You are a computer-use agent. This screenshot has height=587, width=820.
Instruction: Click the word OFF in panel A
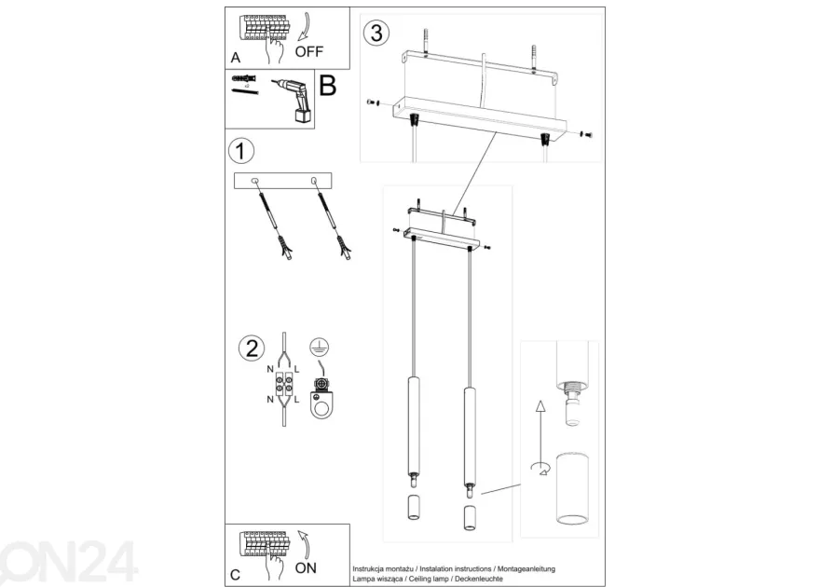pyautogui.click(x=309, y=52)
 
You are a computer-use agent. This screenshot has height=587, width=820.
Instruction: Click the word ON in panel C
pyautogui.click(x=306, y=567)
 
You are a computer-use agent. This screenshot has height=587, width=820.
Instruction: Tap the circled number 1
pyautogui.click(x=241, y=151)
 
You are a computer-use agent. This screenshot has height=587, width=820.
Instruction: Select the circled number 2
pyautogui.click(x=252, y=348)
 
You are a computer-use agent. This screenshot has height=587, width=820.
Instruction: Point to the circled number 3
pyautogui.click(x=376, y=33)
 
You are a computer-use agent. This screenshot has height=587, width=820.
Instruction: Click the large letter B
pyautogui.click(x=327, y=86)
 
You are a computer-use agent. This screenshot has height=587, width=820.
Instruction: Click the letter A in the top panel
pyautogui.click(x=236, y=58)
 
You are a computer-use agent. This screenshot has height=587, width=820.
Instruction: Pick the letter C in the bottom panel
pyautogui.click(x=236, y=575)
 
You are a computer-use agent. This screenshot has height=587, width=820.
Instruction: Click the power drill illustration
pyautogui.click(x=294, y=101)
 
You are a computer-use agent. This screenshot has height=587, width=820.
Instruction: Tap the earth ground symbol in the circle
pyautogui.click(x=319, y=347)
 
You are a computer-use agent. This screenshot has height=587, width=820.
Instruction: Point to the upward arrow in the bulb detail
pyautogui.click(x=540, y=425)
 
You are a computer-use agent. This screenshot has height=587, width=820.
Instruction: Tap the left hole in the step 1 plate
pyautogui.click(x=254, y=181)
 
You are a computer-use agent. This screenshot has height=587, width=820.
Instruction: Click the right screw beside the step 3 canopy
pyautogui.click(x=586, y=134)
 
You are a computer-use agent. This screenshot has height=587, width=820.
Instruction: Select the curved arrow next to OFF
pyautogui.click(x=304, y=27)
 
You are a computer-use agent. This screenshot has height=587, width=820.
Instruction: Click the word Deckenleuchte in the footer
pyautogui.click(x=479, y=579)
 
